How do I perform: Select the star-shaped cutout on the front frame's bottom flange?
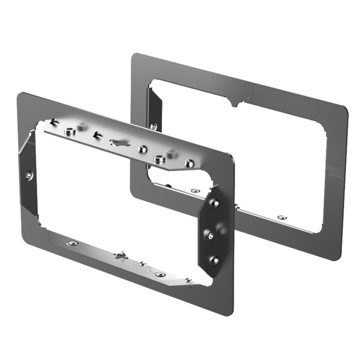[121, 256]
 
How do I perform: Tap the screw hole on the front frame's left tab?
[30, 175]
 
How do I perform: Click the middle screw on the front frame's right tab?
[209, 234]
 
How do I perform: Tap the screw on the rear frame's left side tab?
[153, 127]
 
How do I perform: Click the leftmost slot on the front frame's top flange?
[54, 122]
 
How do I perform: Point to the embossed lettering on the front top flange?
[122, 127]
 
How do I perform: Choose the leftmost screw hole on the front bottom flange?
[71, 243]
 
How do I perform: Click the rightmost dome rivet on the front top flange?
[190, 163]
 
